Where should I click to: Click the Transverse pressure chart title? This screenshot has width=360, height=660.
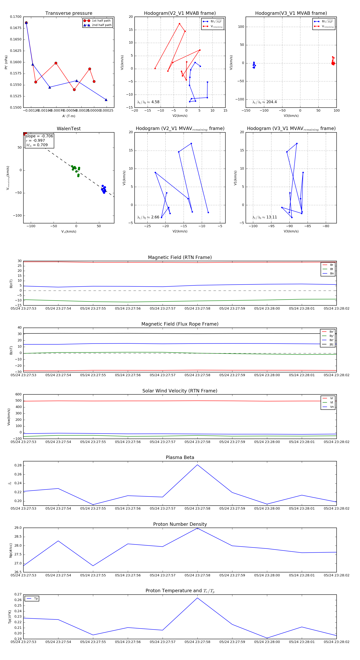coord(69,13)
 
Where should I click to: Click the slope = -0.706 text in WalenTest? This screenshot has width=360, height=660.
coord(39,136)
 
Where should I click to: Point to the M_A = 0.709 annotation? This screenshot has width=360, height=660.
coord(37,145)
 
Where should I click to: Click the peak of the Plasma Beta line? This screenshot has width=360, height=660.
coord(197,465)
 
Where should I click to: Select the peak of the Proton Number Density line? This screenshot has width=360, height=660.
coord(197,528)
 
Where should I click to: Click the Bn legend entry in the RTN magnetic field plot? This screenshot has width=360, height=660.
coord(332,273)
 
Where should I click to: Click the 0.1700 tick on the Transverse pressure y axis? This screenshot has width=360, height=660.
coord(16,17)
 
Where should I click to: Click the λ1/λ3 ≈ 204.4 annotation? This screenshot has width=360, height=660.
coord(264,102)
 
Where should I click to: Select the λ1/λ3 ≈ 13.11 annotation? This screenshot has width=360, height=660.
coord(264,217)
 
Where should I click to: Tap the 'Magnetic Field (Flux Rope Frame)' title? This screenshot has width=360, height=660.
coord(180,324)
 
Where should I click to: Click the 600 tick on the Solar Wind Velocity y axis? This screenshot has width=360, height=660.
coord(18,394)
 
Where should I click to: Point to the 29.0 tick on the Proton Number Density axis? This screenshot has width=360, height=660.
coord(18,528)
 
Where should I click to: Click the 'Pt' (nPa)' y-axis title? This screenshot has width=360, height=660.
coord(6,62)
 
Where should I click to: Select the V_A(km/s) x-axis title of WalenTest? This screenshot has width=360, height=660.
coord(69,232)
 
